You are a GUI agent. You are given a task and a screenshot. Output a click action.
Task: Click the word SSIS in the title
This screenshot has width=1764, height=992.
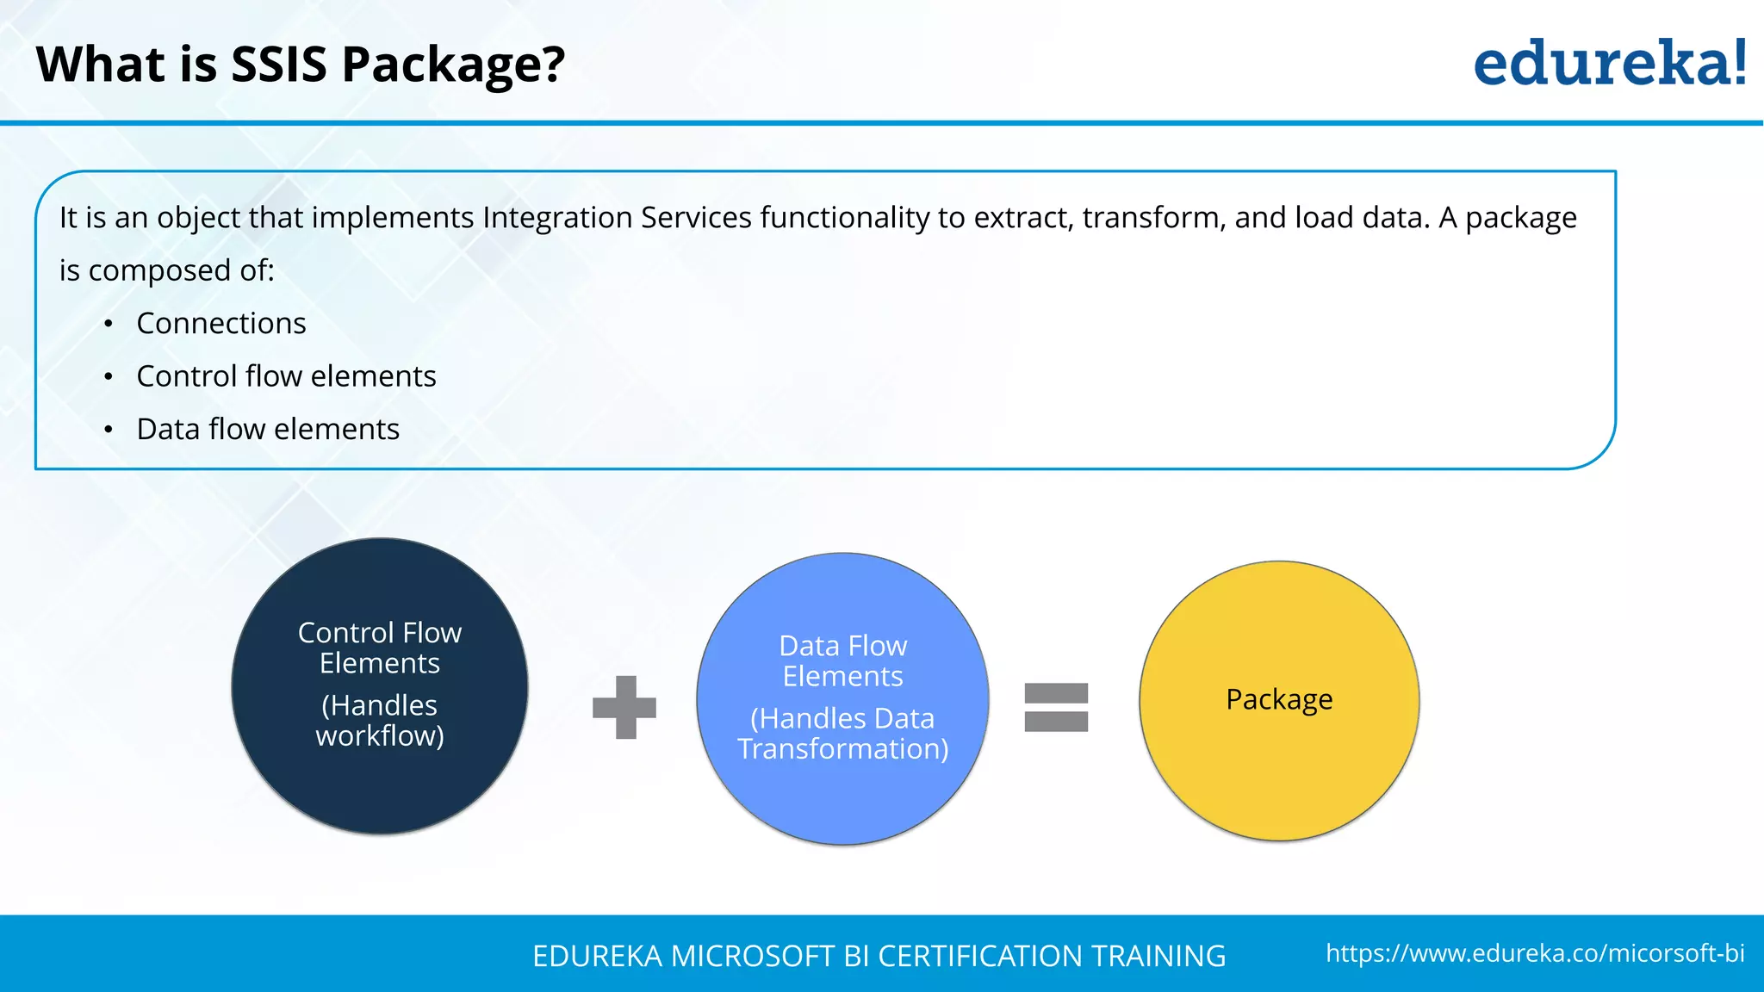point(279,65)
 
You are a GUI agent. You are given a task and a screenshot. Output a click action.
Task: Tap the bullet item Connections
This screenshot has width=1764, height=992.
point(221,324)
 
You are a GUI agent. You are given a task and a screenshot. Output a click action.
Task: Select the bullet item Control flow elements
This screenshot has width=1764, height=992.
point(286,376)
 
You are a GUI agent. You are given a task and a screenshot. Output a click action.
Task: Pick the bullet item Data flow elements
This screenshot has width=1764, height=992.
point(268,429)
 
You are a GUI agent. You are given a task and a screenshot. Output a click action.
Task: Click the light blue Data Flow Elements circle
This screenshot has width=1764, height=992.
point(842,801)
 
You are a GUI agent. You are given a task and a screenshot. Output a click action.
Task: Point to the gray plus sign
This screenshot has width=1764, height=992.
point(624,708)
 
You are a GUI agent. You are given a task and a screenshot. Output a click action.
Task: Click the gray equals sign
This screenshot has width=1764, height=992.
point(1056,708)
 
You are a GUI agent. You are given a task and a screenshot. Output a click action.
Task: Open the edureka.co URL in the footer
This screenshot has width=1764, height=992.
point(1535,953)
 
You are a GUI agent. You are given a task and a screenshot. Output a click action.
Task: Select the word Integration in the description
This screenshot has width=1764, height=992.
point(557,218)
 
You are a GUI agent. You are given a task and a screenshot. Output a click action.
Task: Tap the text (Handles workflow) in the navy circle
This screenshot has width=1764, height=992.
point(380,721)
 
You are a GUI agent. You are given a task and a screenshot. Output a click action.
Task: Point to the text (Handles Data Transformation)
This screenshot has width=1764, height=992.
point(842,734)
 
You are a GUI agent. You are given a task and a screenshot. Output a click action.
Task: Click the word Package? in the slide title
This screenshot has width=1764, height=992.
point(454,65)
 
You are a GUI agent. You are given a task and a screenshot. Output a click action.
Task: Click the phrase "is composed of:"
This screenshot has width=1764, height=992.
point(167,271)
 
